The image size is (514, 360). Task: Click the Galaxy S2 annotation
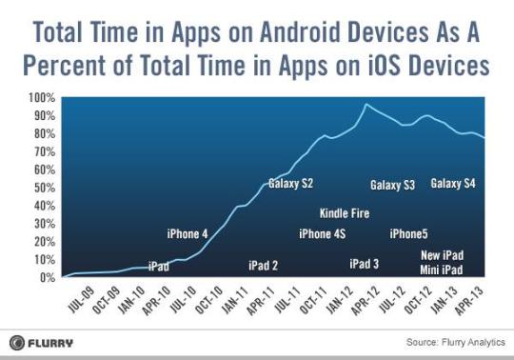[x=290, y=184]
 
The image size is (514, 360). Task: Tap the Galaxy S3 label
[x=392, y=186]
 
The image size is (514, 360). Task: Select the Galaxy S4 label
[x=453, y=184]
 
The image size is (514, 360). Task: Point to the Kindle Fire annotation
[x=345, y=213]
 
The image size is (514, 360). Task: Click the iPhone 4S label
[x=322, y=234]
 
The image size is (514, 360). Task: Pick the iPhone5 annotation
[x=408, y=234]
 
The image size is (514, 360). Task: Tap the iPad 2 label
[x=263, y=266]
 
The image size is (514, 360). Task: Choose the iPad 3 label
[x=364, y=264]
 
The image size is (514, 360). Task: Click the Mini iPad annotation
[x=442, y=270]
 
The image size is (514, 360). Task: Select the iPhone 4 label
[x=188, y=234]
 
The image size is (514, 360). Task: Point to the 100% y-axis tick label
[x=42, y=98]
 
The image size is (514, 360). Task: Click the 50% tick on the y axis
[x=45, y=188]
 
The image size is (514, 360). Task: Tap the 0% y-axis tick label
[x=48, y=278]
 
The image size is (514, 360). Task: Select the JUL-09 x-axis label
[x=81, y=299]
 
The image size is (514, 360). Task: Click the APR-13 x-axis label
[x=470, y=300]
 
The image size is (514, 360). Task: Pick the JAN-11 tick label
[x=235, y=300]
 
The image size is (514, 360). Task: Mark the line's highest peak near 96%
[x=366, y=104]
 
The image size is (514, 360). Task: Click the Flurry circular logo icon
[x=17, y=343]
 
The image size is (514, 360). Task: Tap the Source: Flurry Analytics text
[x=455, y=342]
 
